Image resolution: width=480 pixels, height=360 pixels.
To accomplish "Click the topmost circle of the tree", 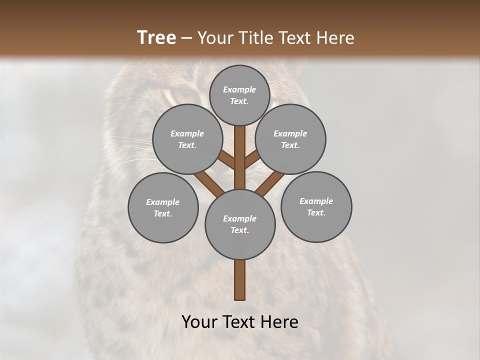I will pyautogui.click(x=239, y=95).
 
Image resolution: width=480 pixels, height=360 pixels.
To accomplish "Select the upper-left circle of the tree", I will pyautogui.click(x=187, y=139).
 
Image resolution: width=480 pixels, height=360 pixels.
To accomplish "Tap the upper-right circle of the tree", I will pyautogui.click(x=290, y=139).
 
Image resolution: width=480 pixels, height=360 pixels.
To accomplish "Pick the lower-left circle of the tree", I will pyautogui.click(x=163, y=207).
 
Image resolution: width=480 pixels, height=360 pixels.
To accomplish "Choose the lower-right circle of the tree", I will pyautogui.click(x=316, y=206).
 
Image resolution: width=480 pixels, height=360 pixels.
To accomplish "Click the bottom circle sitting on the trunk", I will pyautogui.click(x=240, y=224).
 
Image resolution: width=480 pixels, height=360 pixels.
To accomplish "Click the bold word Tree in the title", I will pyautogui.click(x=156, y=37).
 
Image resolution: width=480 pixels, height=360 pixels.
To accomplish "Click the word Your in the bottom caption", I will pyautogui.click(x=199, y=322).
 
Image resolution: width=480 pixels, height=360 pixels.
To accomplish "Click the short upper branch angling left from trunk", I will pyautogui.click(x=227, y=160).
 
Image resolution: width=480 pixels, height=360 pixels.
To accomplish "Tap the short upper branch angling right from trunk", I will pyautogui.click(x=251, y=160).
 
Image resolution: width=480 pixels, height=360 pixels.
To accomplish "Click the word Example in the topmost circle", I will pyautogui.click(x=239, y=89).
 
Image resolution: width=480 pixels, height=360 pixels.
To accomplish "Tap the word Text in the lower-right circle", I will pyautogui.click(x=316, y=212).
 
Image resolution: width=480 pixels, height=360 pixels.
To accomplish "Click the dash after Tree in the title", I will pyautogui.click(x=186, y=38).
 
